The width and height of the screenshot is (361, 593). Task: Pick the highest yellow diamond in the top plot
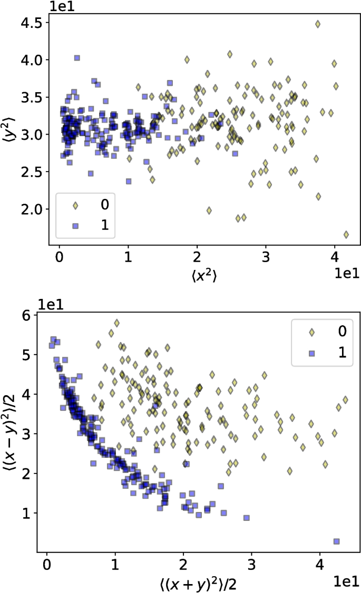(318, 24)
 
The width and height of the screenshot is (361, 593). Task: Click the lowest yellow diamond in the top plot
(346, 235)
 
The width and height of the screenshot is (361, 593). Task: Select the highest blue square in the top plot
(77, 58)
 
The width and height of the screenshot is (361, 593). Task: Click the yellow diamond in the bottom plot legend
(311, 332)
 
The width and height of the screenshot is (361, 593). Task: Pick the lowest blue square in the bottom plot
(336, 541)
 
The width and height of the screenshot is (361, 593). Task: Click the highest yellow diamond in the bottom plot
(116, 323)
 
